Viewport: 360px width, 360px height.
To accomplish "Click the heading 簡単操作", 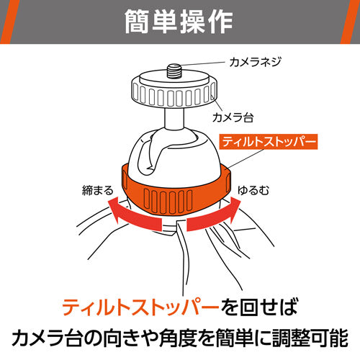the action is (x=179, y=22).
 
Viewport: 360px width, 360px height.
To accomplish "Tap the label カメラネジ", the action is (x=255, y=62).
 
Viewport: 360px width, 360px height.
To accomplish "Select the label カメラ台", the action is (x=233, y=117).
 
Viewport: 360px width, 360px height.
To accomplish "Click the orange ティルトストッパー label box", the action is (x=269, y=142).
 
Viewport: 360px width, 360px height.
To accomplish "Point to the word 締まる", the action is (x=97, y=191).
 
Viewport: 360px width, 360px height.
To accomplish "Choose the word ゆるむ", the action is (x=253, y=191).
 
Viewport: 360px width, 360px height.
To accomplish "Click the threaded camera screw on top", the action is (x=174, y=71).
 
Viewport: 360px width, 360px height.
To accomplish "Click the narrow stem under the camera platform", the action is (x=174, y=118).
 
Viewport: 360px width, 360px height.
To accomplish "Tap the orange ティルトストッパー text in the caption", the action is (x=140, y=307).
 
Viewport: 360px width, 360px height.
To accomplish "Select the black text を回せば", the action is (x=259, y=307).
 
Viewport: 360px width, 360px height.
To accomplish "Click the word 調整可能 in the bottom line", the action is (x=310, y=338).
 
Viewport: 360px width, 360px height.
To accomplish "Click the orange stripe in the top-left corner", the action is (x=9, y=22).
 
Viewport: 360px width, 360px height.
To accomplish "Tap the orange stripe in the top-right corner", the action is (x=351, y=22).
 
